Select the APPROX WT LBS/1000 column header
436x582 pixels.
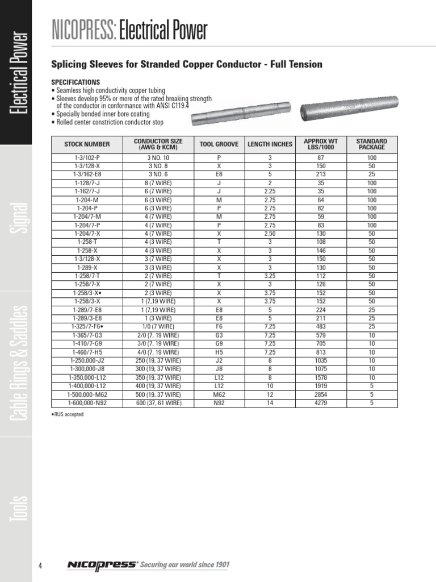321,144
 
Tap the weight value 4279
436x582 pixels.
321,403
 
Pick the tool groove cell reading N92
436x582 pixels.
219,403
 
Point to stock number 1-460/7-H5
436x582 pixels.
87,352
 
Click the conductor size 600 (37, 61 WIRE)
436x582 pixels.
159,403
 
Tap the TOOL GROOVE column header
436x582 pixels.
219,144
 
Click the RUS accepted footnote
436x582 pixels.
68,414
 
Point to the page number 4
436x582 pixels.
40,565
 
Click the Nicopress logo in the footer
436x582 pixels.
102,564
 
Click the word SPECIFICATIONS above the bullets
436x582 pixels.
76,82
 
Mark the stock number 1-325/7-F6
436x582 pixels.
87,326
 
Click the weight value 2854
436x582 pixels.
321,394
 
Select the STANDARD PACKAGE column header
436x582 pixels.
371,144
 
